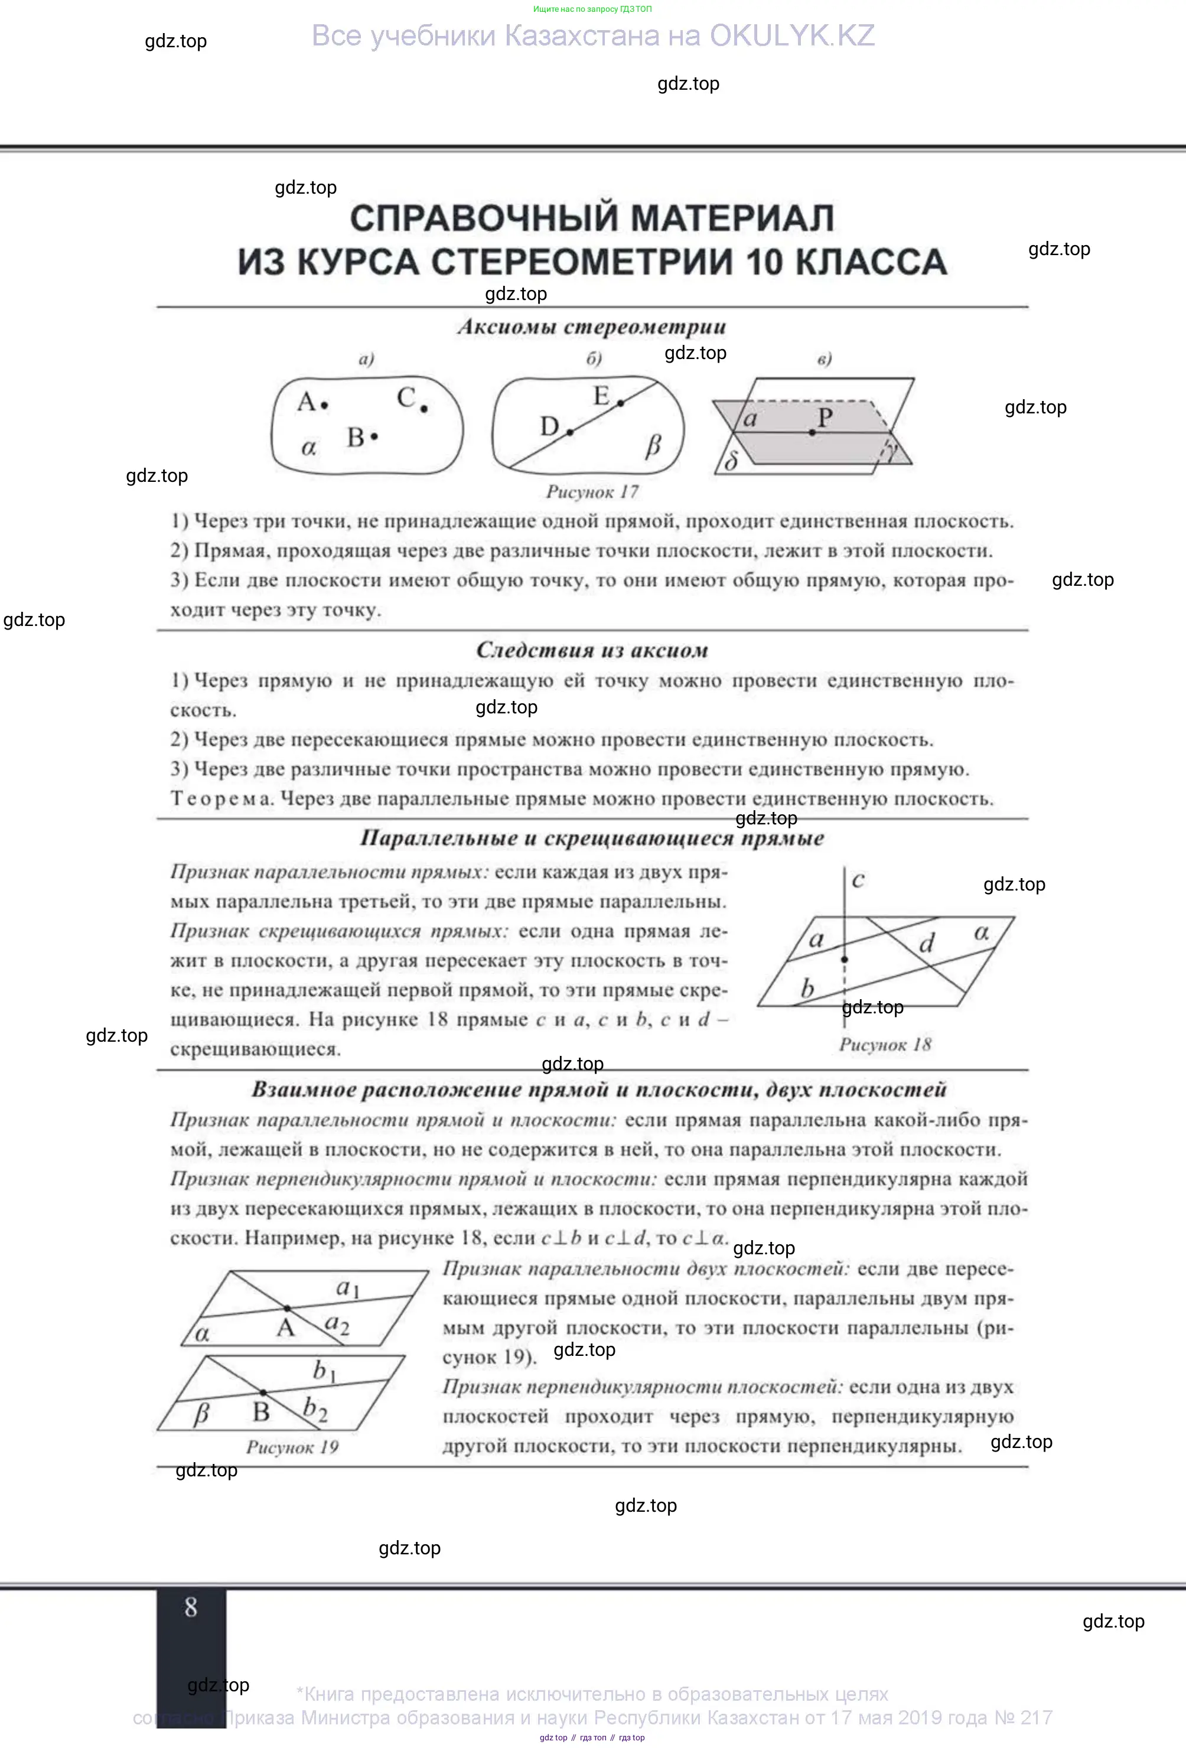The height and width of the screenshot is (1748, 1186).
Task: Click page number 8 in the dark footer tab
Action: click(x=191, y=1607)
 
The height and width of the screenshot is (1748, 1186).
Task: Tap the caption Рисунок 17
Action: click(x=592, y=492)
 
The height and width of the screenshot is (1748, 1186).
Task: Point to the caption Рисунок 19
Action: click(x=292, y=1447)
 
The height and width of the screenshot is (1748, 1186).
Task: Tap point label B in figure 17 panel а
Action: click(x=356, y=437)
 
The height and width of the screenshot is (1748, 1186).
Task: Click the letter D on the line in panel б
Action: click(x=550, y=426)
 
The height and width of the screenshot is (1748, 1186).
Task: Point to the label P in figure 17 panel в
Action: click(x=825, y=418)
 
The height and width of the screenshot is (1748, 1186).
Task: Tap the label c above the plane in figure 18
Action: click(x=858, y=879)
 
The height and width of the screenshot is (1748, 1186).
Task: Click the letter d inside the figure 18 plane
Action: click(x=927, y=943)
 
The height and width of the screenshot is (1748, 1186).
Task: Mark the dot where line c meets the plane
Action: click(x=845, y=960)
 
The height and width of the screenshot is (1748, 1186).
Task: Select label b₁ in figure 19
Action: click(x=324, y=1371)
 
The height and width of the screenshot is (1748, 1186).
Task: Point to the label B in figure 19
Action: click(x=261, y=1412)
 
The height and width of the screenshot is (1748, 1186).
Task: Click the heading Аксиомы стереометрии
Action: click(x=592, y=327)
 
